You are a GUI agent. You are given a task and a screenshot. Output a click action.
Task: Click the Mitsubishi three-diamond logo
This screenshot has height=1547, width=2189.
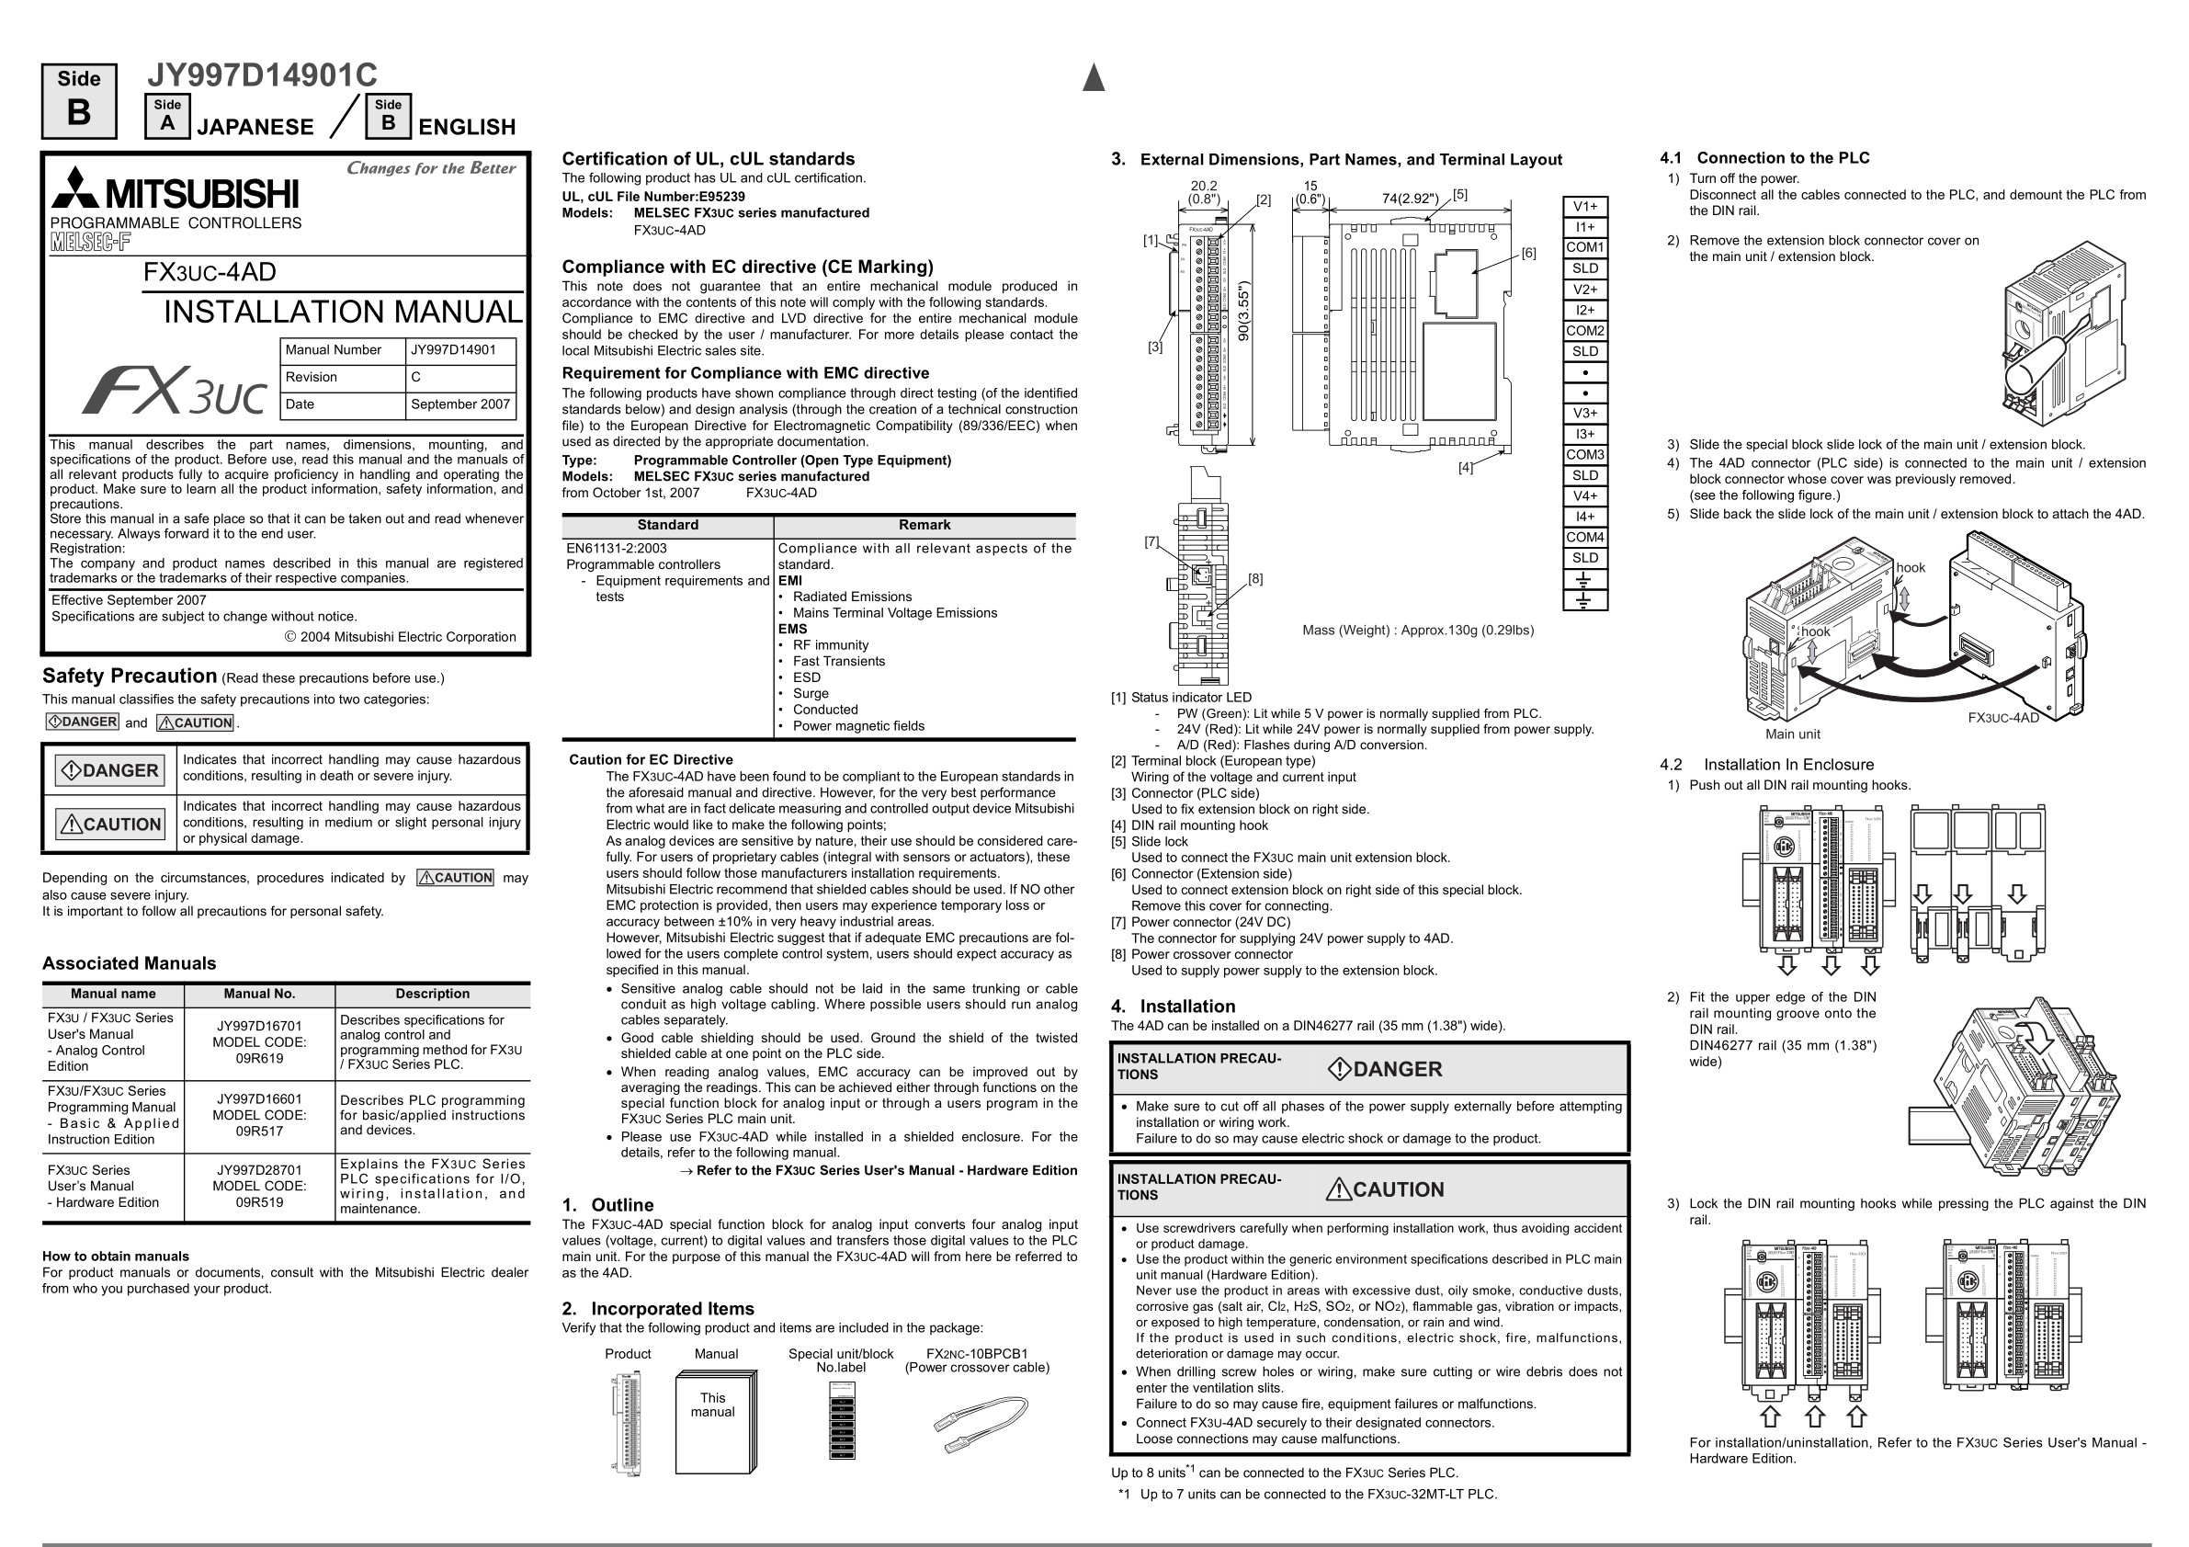click(x=75, y=188)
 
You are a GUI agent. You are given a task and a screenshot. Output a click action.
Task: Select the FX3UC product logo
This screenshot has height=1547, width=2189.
click(x=175, y=391)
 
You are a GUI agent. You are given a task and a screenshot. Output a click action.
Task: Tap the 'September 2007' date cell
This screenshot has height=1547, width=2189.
click(x=460, y=404)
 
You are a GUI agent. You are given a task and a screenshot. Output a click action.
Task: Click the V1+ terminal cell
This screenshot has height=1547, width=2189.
click(x=1584, y=207)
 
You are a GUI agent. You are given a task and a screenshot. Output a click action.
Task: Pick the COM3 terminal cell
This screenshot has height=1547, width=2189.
click(x=1584, y=455)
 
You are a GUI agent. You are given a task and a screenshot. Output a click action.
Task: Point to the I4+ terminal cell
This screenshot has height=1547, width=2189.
click(x=1584, y=517)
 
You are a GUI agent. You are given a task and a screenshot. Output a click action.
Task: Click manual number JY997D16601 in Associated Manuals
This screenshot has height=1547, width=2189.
click(x=259, y=1098)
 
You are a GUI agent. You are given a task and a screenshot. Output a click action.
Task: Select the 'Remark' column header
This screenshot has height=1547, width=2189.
click(x=924, y=526)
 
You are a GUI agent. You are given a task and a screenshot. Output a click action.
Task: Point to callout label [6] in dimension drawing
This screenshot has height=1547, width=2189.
click(x=1528, y=254)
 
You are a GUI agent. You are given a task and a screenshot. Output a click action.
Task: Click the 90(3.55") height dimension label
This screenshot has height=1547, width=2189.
click(x=1243, y=311)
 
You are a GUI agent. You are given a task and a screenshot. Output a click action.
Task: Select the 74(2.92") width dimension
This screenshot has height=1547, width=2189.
click(x=1409, y=199)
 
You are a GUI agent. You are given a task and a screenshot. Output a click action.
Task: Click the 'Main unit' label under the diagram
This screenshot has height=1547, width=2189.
click(x=1792, y=734)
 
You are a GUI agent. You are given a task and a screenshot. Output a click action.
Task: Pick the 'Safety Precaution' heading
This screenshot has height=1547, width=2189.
click(x=130, y=677)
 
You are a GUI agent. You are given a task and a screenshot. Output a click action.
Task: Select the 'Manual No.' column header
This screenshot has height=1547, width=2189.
click(x=259, y=994)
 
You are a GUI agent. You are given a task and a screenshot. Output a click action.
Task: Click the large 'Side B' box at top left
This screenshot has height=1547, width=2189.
click(x=79, y=101)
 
